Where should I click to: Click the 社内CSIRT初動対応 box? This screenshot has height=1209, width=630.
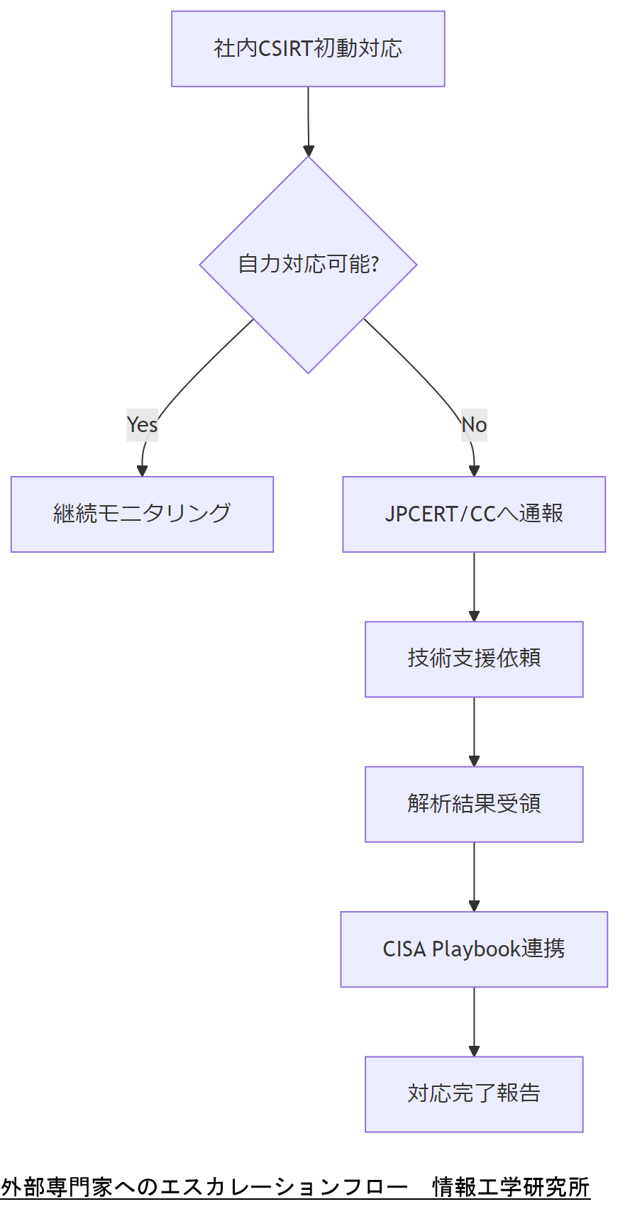pyautogui.click(x=308, y=49)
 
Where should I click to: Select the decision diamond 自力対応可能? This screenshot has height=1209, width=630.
pyautogui.click(x=308, y=265)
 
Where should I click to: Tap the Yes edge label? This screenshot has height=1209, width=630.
pyautogui.click(x=142, y=424)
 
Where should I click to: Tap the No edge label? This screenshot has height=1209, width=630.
pyautogui.click(x=474, y=424)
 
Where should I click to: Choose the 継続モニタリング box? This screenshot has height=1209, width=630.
pyautogui.click(x=142, y=514)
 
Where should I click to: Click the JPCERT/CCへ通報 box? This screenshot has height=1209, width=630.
pyautogui.click(x=474, y=514)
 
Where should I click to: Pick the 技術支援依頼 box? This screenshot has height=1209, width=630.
pyautogui.click(x=474, y=659)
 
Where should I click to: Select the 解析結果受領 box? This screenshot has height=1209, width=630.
pyautogui.click(x=474, y=804)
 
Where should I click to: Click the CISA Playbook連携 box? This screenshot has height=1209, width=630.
pyautogui.click(x=474, y=949)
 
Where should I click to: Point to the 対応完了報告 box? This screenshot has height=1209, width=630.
pyautogui.click(x=474, y=1094)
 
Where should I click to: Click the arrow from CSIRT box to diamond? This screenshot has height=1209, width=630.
pyautogui.click(x=308, y=121)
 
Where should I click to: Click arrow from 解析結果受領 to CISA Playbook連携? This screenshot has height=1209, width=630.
pyautogui.click(x=474, y=876)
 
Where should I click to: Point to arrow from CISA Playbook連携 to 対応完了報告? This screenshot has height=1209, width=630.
pyautogui.click(x=474, y=1021)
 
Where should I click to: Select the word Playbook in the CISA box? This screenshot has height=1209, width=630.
pyautogui.click(x=476, y=949)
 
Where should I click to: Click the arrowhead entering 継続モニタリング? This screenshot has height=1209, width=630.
pyautogui.click(x=142, y=470)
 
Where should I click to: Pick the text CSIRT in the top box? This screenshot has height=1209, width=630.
pyautogui.click(x=285, y=49)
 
